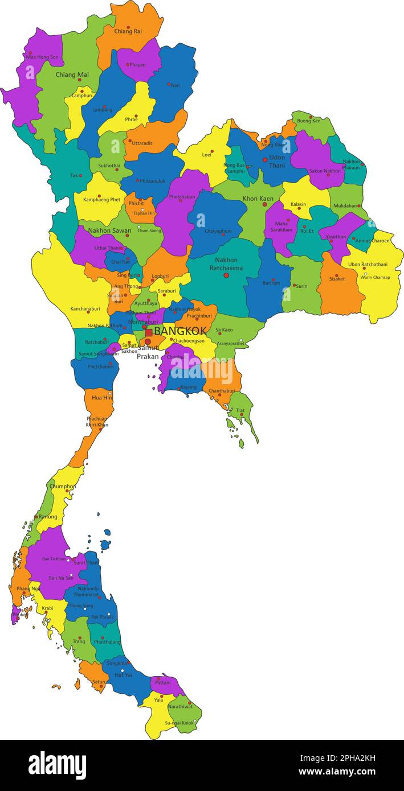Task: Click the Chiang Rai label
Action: click(128, 32)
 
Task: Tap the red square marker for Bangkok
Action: click(149, 332)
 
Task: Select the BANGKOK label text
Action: click(180, 331)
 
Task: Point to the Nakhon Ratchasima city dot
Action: click(226, 275)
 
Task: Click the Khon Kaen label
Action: click(258, 199)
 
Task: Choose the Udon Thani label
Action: click(277, 162)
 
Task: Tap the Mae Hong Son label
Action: click(42, 57)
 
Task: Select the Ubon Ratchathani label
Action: click(368, 264)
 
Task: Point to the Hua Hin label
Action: click(101, 398)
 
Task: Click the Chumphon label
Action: click(63, 487)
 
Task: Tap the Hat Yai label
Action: click(123, 675)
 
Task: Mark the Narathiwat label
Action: click(180, 706)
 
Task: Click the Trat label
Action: click(240, 410)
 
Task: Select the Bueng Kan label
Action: click(309, 121)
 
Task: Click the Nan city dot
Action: click(169, 84)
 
